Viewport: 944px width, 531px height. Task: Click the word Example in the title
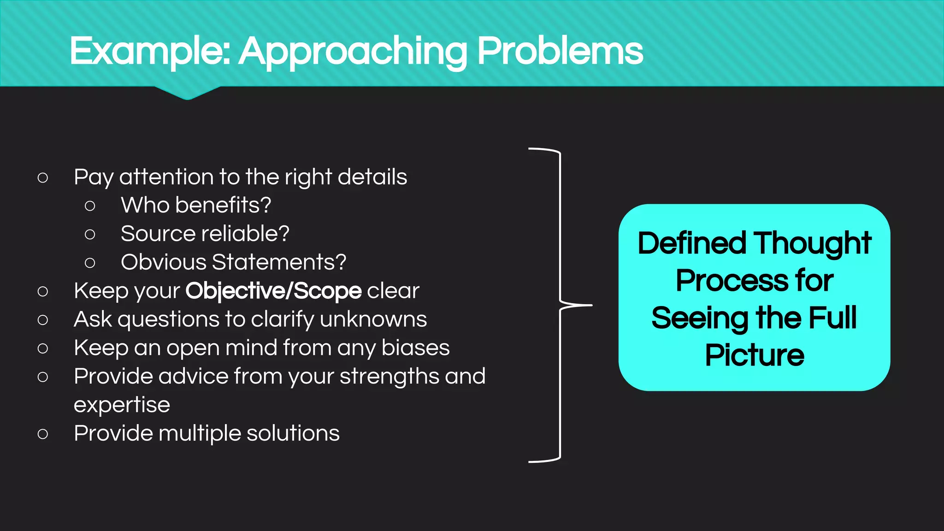tap(150, 51)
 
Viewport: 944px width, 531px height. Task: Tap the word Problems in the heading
tap(560, 51)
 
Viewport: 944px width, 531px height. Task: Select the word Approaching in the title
tap(353, 52)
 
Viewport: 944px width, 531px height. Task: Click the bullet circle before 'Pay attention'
tap(43, 177)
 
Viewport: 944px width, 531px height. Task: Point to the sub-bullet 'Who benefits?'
tap(196, 205)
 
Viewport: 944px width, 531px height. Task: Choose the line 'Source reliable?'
tap(205, 234)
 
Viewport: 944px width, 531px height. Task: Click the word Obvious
tap(163, 262)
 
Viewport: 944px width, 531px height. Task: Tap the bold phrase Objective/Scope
tap(273, 291)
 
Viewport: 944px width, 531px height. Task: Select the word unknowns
tap(373, 319)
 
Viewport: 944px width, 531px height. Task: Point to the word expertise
tap(122, 405)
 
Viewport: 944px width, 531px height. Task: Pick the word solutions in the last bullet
tap(293, 434)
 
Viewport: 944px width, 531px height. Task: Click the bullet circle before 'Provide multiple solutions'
tap(43, 434)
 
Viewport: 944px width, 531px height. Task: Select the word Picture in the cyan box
tap(755, 355)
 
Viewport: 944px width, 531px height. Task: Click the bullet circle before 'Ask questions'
tap(43, 319)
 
